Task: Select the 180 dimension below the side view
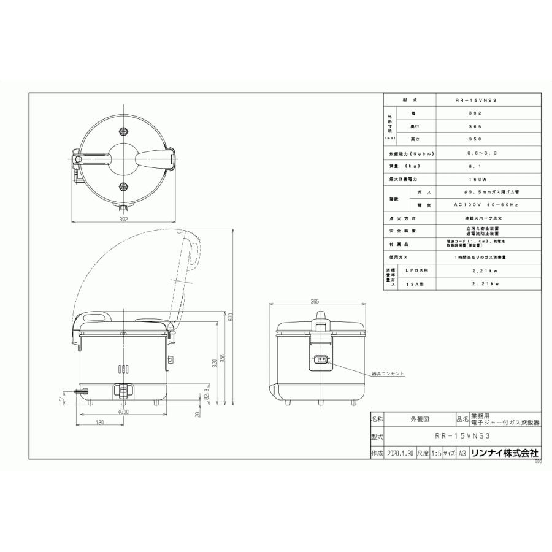(100, 423)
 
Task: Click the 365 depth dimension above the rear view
(314, 302)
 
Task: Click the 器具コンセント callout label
(388, 374)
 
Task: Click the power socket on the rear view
(320, 361)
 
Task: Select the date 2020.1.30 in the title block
(401, 453)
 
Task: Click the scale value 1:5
(437, 453)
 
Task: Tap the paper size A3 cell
(462, 453)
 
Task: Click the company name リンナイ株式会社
(504, 453)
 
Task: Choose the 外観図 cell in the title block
(420, 420)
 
